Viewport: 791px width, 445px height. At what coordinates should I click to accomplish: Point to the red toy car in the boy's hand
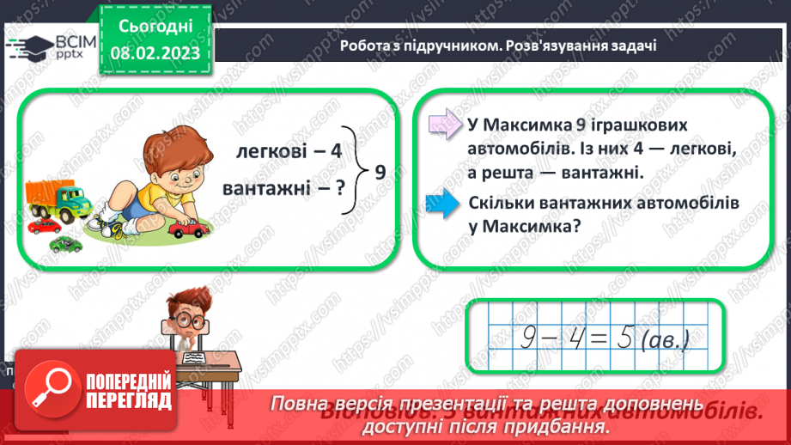[183, 229]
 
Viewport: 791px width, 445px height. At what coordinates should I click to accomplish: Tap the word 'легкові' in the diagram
[266, 152]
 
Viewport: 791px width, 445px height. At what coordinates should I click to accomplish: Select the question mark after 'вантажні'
[340, 187]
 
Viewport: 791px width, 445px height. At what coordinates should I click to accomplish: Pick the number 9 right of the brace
[380, 172]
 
